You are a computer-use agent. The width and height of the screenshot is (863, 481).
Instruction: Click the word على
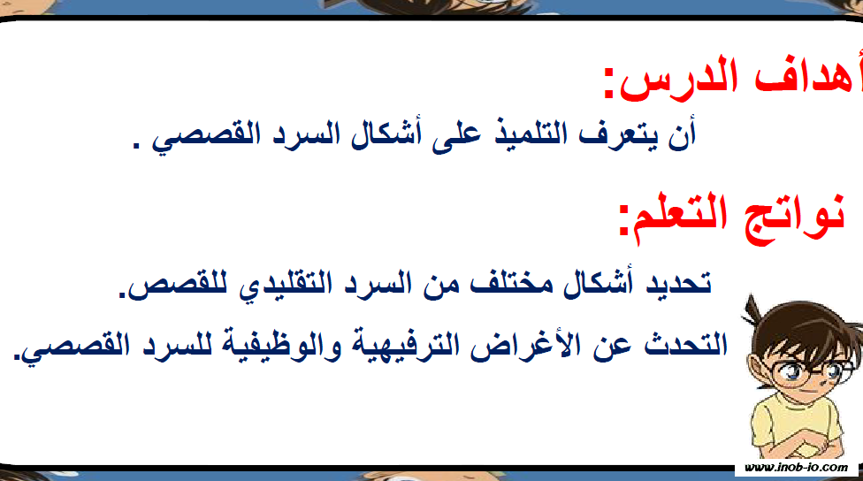456,135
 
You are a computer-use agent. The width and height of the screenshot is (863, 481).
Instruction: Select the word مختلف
511,284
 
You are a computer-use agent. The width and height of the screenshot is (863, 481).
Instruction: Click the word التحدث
686,345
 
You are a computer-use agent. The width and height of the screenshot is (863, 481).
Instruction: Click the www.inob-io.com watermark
796,468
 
